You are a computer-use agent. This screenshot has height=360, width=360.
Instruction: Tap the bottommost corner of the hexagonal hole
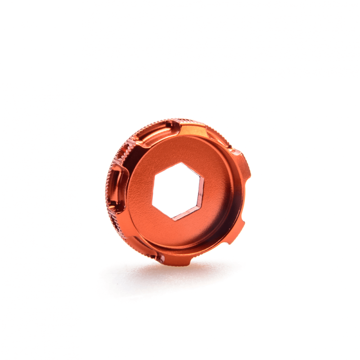pyautogui.click(x=173, y=220)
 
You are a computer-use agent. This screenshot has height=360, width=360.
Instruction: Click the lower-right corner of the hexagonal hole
pyautogui.click(x=201, y=208)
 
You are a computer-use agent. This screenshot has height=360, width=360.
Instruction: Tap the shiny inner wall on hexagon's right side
pyautogui.click(x=203, y=193)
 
